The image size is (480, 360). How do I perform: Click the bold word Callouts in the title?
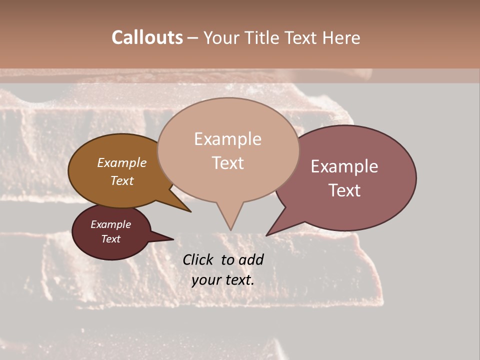point(147,37)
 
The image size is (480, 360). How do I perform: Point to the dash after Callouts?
point(193,38)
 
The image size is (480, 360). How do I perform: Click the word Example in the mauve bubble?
point(344,166)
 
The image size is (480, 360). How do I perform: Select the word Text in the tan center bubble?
point(228,163)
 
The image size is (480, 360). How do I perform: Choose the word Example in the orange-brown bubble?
point(122,162)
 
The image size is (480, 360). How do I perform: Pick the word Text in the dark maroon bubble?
point(111,239)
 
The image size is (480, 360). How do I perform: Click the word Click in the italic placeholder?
point(198,259)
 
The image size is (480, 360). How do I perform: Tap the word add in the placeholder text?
point(251,259)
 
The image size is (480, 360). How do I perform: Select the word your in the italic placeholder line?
point(205,280)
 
